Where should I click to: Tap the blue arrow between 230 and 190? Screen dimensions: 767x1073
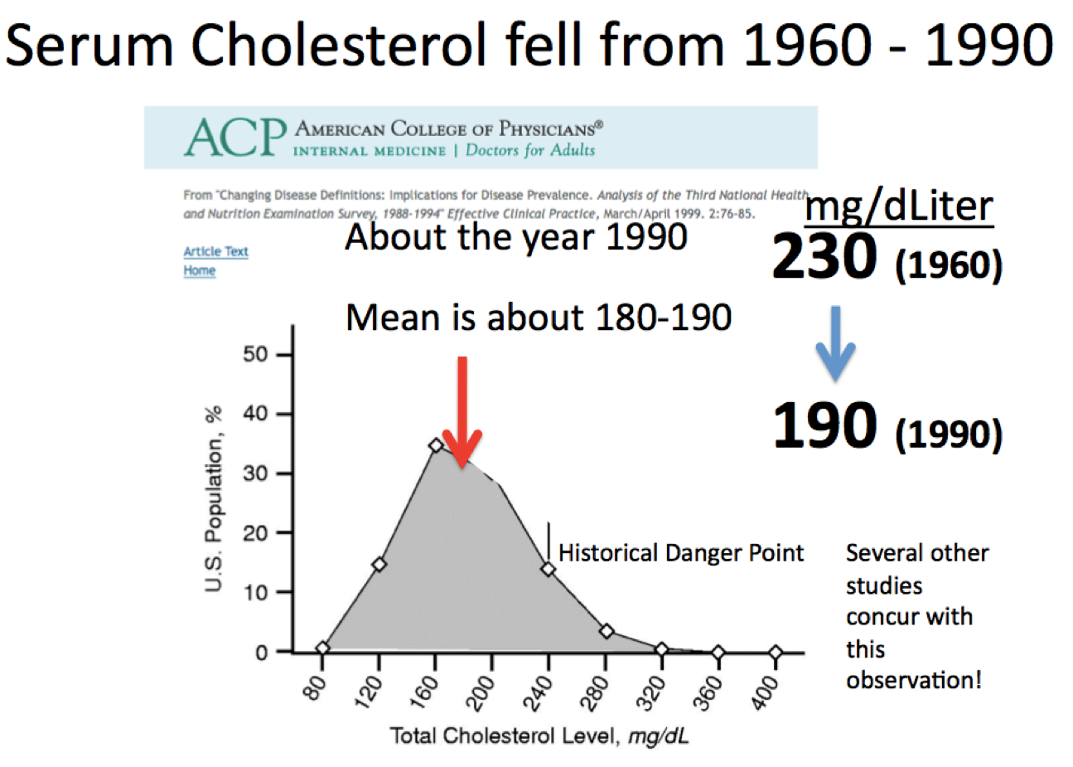click(835, 342)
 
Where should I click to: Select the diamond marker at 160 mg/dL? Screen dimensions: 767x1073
click(437, 446)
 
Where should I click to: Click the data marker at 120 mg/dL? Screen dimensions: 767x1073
click(379, 565)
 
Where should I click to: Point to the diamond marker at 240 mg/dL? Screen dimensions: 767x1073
click(548, 569)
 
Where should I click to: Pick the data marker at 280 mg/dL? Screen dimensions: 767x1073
click(607, 632)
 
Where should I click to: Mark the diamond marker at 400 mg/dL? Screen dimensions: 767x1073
click(776, 653)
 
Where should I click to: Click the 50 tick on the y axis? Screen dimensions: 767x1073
click(256, 355)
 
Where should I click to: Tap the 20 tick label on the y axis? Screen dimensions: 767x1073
click(256, 533)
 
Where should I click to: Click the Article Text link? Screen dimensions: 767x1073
click(215, 251)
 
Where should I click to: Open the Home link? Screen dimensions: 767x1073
click(200, 270)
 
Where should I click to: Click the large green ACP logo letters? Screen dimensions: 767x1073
click(234, 138)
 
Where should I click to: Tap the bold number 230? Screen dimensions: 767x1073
click(824, 257)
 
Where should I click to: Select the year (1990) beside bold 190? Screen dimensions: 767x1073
click(949, 434)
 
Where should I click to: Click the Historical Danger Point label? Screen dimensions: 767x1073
click(680, 553)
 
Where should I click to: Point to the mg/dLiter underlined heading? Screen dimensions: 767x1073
click(899, 205)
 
